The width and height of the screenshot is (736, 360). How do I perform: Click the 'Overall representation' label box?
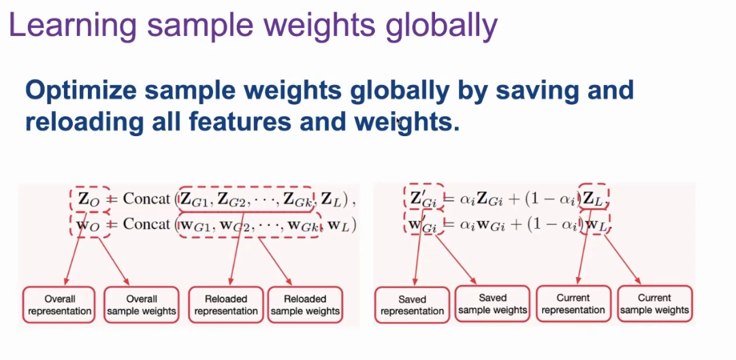59,305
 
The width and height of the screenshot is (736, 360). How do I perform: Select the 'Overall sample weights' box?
142,305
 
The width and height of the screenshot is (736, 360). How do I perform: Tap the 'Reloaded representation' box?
226,305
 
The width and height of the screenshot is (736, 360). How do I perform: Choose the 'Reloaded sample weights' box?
305,305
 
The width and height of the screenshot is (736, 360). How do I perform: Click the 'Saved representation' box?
412,305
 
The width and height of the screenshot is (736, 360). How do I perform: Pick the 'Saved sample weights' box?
492,304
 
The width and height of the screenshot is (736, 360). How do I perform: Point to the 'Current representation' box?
573,304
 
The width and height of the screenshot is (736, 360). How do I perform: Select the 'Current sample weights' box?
654,304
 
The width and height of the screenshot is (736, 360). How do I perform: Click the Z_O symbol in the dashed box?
89,199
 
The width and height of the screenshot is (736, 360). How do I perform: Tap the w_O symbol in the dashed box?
89,225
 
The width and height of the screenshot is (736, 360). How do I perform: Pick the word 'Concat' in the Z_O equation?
146,199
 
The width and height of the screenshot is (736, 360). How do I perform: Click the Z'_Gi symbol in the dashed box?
423,199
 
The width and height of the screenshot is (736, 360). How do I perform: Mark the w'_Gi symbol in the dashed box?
423,225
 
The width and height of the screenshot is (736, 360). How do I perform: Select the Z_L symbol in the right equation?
594,199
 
